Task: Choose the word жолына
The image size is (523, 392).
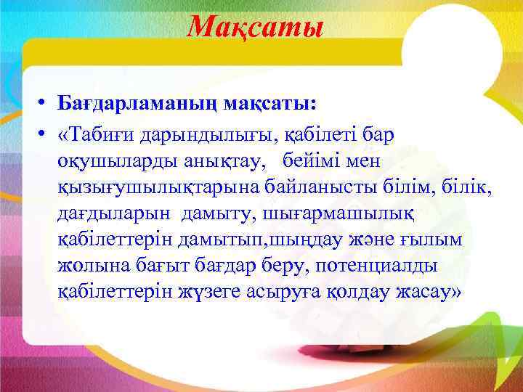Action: tap(92, 266)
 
